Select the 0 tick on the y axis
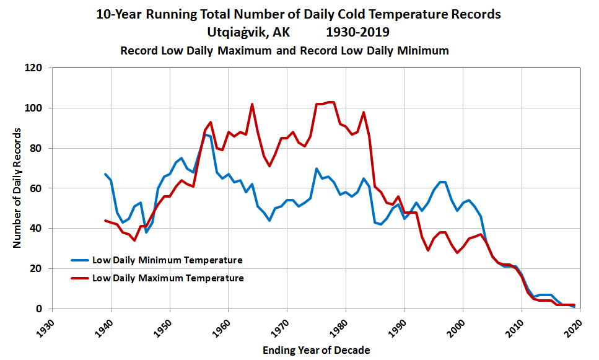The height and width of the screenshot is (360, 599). [42, 309]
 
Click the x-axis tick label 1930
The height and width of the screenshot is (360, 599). [46, 326]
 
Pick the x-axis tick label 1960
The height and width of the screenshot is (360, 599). [222, 326]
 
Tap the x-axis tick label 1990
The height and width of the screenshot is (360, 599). [398, 326]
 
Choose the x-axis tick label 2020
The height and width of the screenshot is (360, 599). [574, 326]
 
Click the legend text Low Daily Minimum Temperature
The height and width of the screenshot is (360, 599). [167, 260]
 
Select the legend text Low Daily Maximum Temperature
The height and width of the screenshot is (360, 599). [168, 278]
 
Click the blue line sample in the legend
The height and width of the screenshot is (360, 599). [80, 260]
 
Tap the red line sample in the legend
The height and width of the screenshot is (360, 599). [80, 278]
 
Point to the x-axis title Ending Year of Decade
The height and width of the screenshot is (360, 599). [316, 350]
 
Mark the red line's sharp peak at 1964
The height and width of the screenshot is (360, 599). [252, 104]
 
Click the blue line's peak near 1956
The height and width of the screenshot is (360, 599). [205, 134]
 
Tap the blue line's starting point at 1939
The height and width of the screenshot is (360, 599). [105, 174]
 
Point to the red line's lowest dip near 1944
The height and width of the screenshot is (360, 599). [134, 240]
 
